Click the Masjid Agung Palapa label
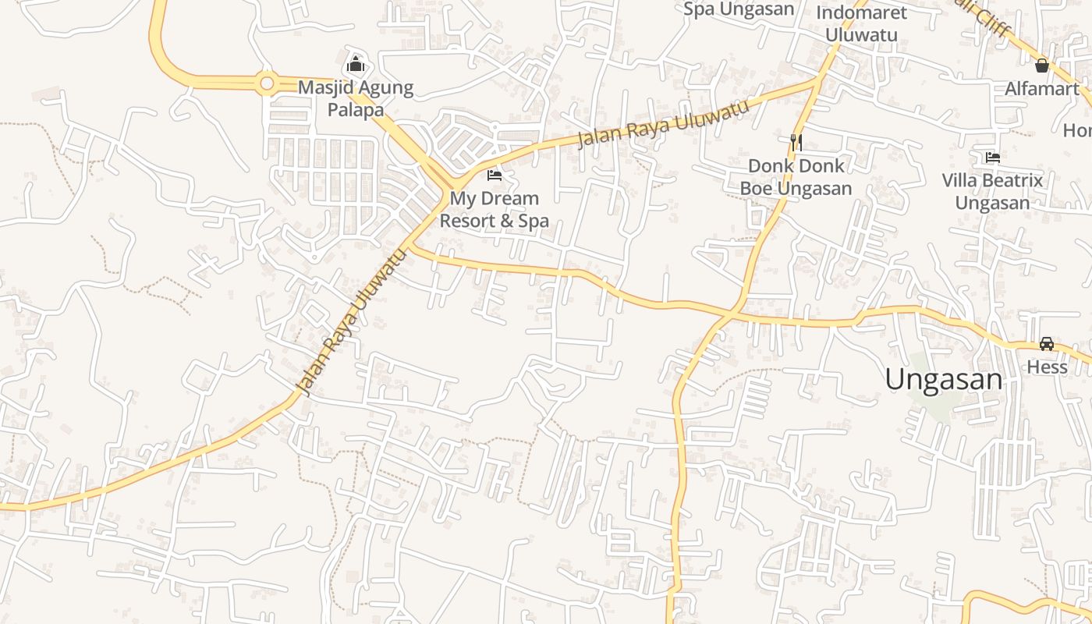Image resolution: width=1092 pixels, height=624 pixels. click(356, 98)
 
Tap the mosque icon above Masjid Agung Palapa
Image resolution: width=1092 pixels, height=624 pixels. click(356, 63)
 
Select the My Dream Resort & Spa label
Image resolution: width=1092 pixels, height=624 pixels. click(494, 210)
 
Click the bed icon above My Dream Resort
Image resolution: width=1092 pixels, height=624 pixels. click(494, 175)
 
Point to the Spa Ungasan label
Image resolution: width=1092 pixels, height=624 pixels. click(738, 9)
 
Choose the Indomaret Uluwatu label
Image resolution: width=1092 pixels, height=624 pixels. click(861, 23)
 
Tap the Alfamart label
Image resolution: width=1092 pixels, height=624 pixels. click(1041, 89)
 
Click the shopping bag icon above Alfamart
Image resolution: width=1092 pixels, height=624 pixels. click(1041, 65)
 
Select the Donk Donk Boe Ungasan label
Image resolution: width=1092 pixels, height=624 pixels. click(796, 177)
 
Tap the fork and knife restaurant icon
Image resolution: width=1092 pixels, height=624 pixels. click(796, 142)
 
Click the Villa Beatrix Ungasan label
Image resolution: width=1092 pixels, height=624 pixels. click(992, 192)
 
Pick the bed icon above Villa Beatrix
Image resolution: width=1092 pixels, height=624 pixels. click(992, 157)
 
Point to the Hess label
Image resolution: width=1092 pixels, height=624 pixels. click(1047, 367)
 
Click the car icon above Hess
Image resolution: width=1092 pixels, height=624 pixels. click(1047, 344)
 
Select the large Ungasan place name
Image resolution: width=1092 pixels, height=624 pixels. click(943, 380)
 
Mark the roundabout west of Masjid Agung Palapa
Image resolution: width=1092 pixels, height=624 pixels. click(267, 82)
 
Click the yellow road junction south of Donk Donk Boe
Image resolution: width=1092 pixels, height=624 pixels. click(732, 311)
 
